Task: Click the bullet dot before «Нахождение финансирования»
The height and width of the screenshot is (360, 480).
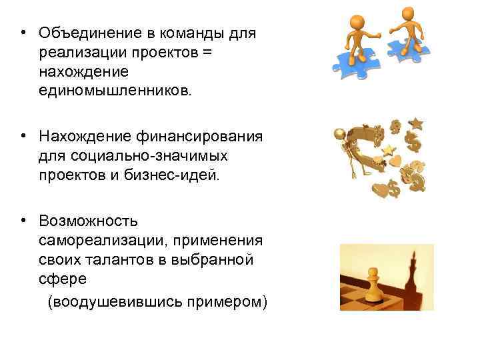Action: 22,137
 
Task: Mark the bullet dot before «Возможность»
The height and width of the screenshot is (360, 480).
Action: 22,221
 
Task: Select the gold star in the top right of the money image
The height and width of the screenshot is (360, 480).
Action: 417,123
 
